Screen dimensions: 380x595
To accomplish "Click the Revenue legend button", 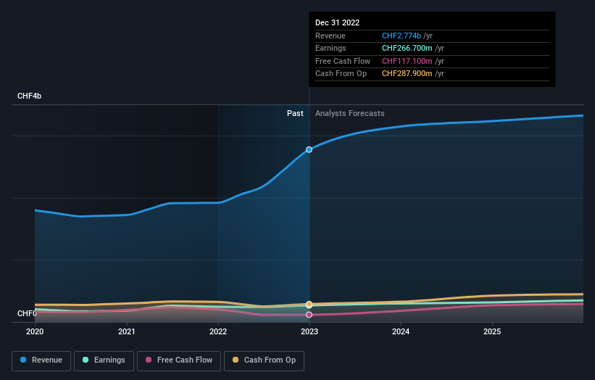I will (41, 360).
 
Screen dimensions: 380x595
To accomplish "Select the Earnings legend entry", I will (104, 360).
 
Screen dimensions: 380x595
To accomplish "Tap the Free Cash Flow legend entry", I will (179, 360).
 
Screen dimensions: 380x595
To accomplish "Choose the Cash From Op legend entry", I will (264, 360).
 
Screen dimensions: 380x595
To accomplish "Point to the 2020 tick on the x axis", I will (35, 332).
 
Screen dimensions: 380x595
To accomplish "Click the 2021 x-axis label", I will (127, 332).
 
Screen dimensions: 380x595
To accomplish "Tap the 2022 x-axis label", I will (218, 332).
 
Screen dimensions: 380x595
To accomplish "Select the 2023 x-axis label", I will (309, 332).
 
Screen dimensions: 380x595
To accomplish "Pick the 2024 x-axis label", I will (401, 332).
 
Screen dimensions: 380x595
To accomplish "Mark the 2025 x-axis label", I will (492, 332).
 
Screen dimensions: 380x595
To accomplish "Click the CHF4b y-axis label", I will (30, 96).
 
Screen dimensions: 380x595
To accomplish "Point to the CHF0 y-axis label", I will (27, 313).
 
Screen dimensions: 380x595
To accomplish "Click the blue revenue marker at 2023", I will (309, 149).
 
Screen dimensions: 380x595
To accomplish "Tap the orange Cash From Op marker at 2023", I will (309, 304).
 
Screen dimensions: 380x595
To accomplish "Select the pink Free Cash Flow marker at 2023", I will (309, 315).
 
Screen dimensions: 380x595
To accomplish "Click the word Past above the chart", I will (295, 113).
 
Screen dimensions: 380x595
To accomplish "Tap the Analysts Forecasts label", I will (349, 113).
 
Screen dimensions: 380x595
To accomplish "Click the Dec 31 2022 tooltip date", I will (337, 23).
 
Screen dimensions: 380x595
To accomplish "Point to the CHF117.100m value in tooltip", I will (407, 61).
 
